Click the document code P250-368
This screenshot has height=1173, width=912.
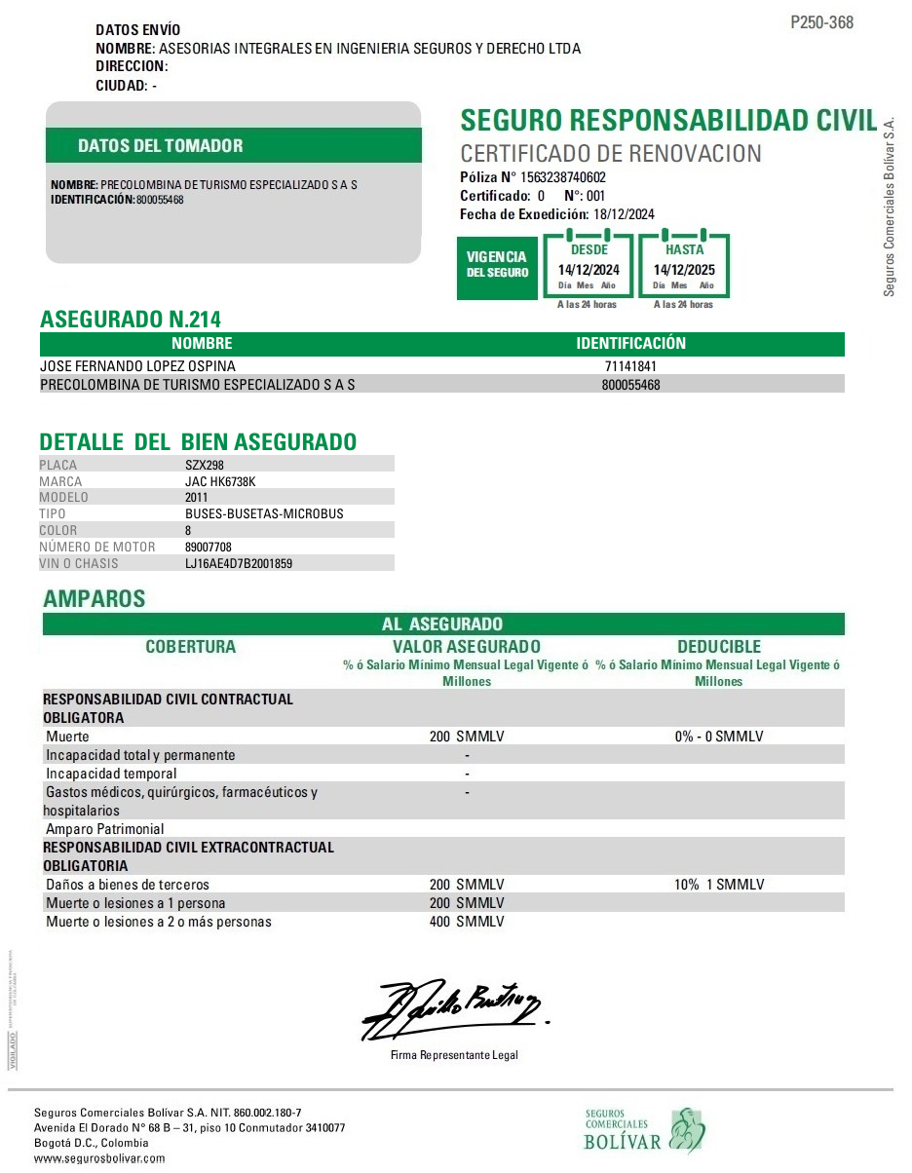(x=821, y=22)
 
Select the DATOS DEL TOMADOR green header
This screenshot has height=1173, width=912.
(x=161, y=146)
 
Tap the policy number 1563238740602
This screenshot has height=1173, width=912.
(x=563, y=177)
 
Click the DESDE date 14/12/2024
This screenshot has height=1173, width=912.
(x=589, y=270)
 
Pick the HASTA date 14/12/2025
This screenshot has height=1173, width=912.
(x=684, y=270)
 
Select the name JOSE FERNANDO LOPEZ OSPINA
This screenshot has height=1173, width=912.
(x=137, y=366)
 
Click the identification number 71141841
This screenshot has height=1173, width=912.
(x=631, y=366)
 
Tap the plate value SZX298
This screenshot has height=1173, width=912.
(x=205, y=465)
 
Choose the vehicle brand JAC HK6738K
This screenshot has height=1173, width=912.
(x=220, y=481)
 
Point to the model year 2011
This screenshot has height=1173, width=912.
(x=197, y=497)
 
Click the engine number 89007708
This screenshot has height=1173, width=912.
(x=209, y=547)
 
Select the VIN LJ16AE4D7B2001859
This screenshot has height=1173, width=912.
(x=239, y=563)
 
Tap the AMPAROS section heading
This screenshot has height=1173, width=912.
(x=95, y=599)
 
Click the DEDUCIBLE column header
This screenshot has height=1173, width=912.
(x=719, y=647)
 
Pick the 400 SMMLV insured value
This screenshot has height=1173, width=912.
(x=467, y=922)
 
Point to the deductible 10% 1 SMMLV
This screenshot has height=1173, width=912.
(x=719, y=885)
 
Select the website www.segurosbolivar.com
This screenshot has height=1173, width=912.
(x=99, y=1158)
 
